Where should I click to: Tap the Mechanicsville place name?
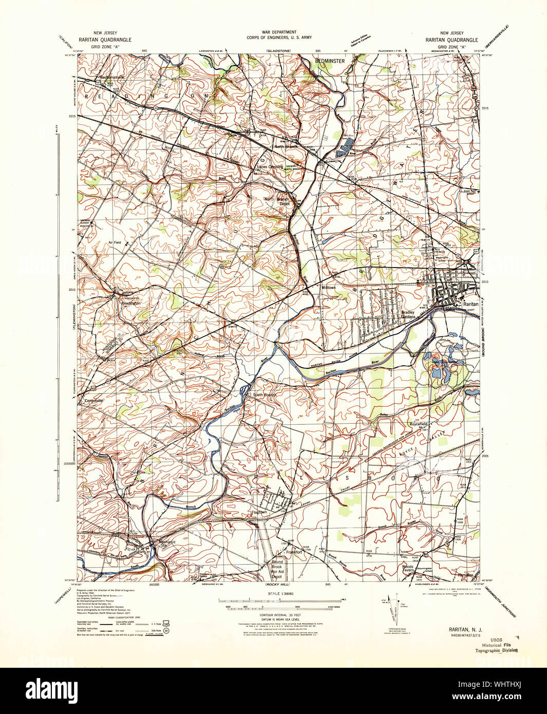(112, 77)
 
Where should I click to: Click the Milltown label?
(328, 288)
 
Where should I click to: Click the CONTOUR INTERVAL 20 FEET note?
(273, 614)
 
